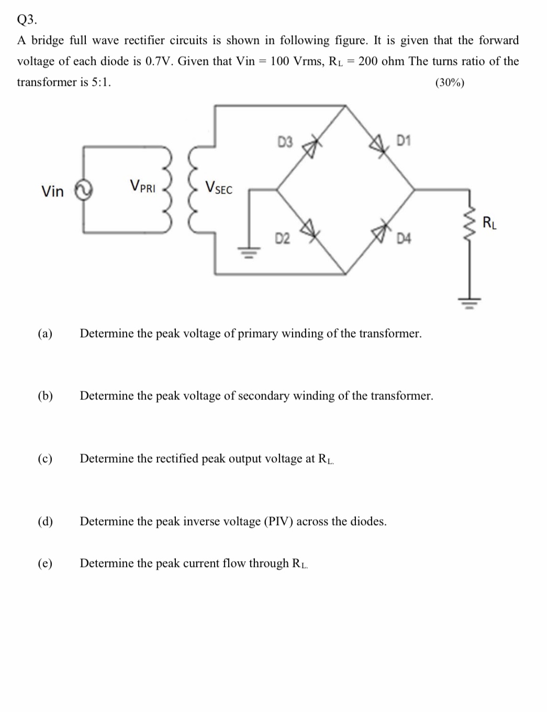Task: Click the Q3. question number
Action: pyautogui.click(x=27, y=20)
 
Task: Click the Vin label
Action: pyautogui.click(x=52, y=192)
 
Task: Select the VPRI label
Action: pyautogui.click(x=142, y=186)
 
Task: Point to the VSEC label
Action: pyautogui.click(x=219, y=187)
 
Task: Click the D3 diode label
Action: pyautogui.click(x=285, y=141)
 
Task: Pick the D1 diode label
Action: pyautogui.click(x=405, y=140)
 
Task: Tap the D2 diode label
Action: pyautogui.click(x=283, y=239)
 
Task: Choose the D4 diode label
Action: pyautogui.click(x=405, y=239)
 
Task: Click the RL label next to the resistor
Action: pyautogui.click(x=489, y=223)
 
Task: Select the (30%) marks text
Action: pyautogui.click(x=450, y=83)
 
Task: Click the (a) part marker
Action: pyautogui.click(x=45, y=333)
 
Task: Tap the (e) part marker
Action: pyautogui.click(x=45, y=563)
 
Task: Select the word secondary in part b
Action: pyautogui.click(x=264, y=396)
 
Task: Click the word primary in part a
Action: pyautogui.click(x=258, y=333)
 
